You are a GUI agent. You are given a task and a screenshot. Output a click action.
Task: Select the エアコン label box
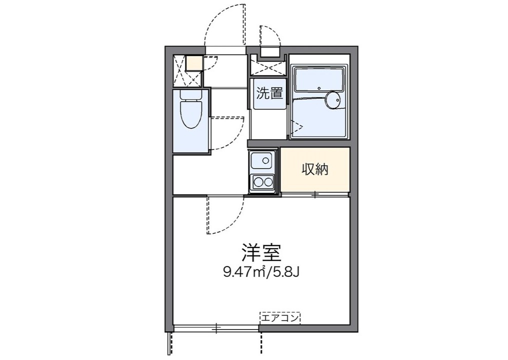[x=280, y=318]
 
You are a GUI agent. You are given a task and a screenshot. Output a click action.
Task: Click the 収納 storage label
[x=315, y=169]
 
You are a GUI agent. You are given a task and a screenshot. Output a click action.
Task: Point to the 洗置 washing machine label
[x=269, y=93]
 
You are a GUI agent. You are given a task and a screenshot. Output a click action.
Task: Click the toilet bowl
[x=191, y=114]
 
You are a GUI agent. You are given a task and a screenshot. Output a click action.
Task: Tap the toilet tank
[x=191, y=94]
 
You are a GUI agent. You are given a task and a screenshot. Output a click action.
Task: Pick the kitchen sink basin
[x=261, y=160]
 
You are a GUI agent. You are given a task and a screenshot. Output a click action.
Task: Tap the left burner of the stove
[x=258, y=182]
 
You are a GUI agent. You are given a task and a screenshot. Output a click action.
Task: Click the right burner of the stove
[x=268, y=182]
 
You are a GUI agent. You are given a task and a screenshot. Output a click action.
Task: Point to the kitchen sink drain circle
[x=265, y=160]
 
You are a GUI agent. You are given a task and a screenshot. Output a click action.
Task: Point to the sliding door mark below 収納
[x=315, y=194]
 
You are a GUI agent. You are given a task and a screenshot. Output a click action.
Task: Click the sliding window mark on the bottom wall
[x=216, y=328]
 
